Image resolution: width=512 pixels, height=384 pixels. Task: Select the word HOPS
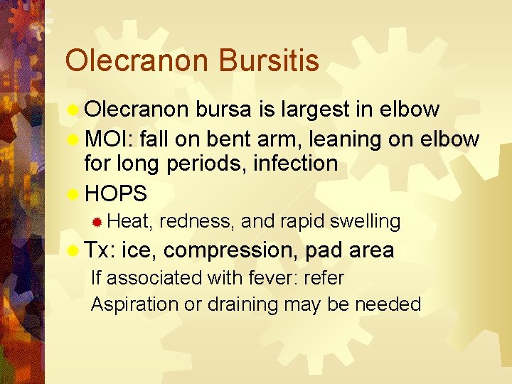point(116,193)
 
